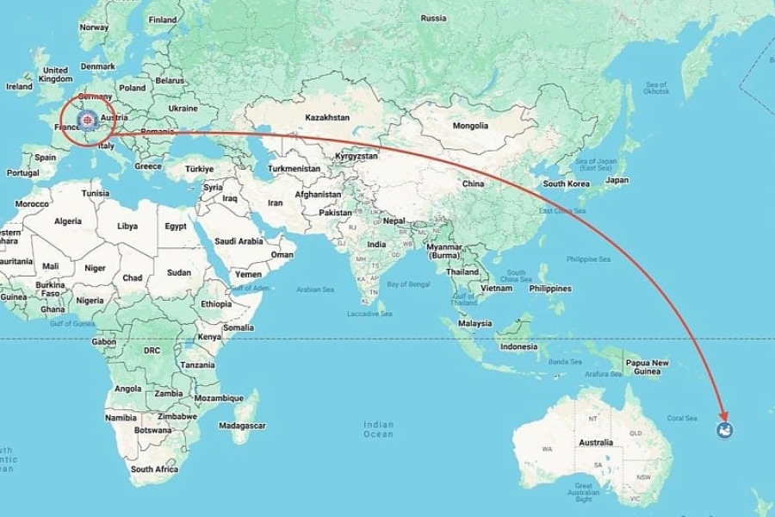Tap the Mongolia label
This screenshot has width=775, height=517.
point(471,126)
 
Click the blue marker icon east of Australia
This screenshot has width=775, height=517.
point(725,430)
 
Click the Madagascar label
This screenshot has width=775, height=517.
point(242,426)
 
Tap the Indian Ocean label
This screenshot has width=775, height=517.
point(378,429)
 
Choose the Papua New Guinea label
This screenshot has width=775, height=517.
point(647,367)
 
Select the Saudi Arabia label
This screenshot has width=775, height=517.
point(238,241)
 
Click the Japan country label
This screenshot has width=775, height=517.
point(617,180)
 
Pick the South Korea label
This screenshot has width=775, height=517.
point(566,184)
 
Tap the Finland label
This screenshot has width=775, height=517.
point(163,19)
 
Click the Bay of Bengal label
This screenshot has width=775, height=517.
point(408,283)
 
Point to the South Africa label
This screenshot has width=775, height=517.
point(154,469)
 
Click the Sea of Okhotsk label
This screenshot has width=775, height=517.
point(655,88)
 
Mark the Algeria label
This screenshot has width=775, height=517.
point(68,221)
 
